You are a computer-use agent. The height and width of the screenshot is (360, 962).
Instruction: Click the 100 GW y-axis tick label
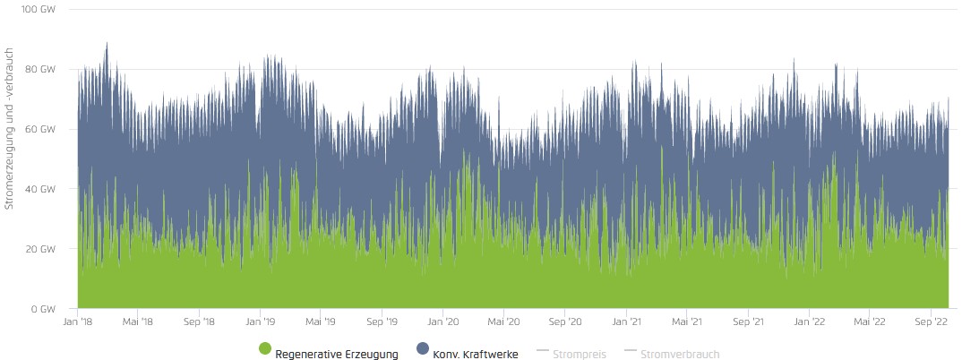point(39,10)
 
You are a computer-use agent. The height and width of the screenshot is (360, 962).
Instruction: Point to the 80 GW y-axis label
point(41,70)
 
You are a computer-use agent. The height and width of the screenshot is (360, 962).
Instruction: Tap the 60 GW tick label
point(41,130)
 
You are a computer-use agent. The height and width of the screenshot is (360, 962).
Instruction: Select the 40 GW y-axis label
point(41,189)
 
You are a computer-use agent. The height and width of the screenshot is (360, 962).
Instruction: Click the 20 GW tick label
point(41,249)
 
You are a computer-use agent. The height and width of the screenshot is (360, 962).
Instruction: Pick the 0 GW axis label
point(44,309)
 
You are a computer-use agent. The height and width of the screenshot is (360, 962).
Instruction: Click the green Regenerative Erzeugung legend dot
point(265,349)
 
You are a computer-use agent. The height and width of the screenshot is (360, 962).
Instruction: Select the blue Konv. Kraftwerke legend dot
point(423,349)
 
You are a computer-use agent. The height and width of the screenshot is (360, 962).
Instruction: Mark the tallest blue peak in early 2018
point(107,43)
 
